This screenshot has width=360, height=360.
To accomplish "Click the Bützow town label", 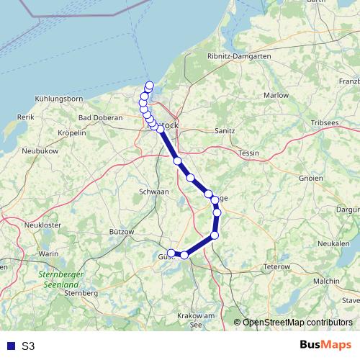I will pos(122,232).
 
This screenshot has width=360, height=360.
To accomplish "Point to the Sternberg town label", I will pos(81,294).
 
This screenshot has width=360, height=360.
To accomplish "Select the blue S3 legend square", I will pos(11,346).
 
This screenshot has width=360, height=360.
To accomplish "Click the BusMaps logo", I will pos(325,346).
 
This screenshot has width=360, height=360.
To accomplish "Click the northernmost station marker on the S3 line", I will pos(150,86).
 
